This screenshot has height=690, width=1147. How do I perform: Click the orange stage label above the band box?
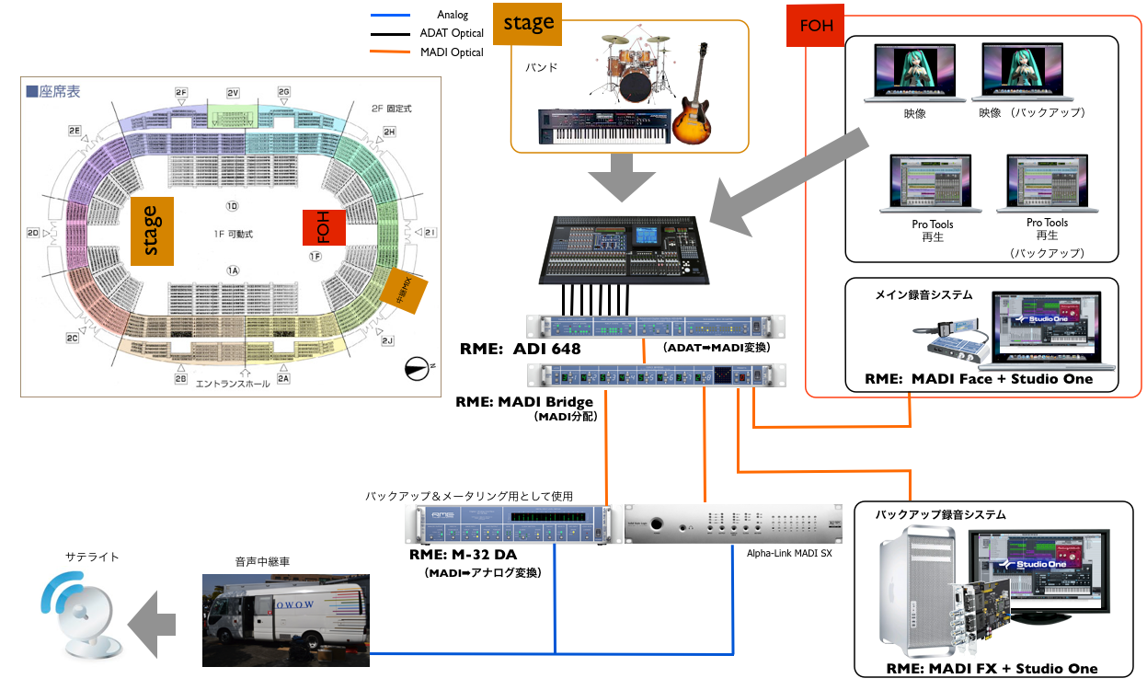click(528, 24)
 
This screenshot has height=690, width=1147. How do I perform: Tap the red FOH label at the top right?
click(816, 25)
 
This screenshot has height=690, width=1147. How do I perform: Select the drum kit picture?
click(635, 67)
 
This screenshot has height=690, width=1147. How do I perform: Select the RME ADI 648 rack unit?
click(656, 328)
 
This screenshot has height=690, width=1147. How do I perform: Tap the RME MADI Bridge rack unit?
click(656, 374)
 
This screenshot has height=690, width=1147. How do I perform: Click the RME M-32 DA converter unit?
click(510, 525)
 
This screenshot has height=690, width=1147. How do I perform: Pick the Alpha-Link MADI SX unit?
click(733, 524)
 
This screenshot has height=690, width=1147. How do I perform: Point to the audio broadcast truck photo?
click(285, 619)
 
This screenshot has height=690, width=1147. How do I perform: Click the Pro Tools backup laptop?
click(1047, 185)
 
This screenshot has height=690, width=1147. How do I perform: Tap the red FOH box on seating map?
click(323, 227)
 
